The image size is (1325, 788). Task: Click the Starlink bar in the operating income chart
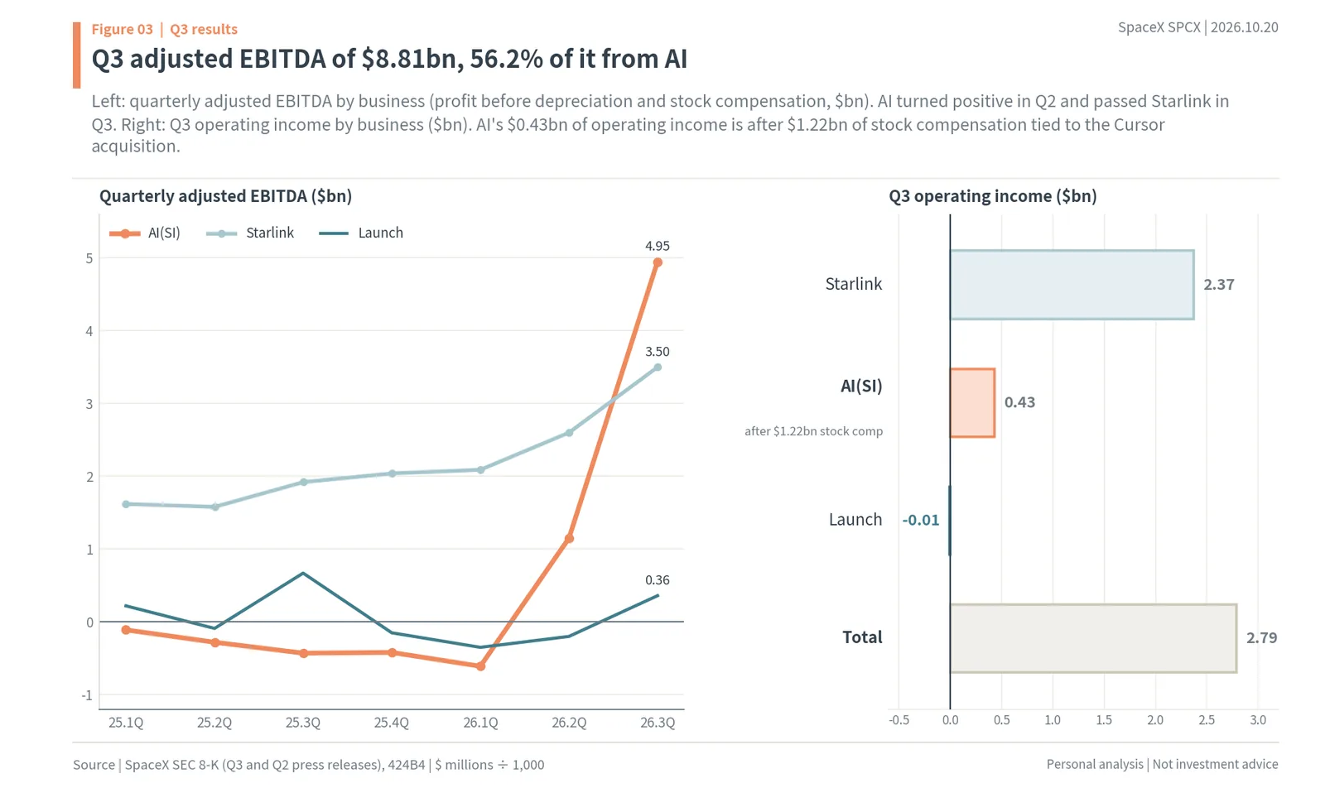1072,285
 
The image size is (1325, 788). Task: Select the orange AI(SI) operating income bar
972,402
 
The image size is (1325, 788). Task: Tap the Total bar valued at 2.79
1093,638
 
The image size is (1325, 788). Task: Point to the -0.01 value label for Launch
920,520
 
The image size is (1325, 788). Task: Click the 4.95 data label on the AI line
658,246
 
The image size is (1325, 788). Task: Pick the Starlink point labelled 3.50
658,368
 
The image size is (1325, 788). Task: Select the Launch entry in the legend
361,233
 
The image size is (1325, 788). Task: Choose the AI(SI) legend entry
145,233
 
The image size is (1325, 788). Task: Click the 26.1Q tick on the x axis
480,723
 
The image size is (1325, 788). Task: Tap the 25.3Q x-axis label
303,723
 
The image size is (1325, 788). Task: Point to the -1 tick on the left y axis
87,695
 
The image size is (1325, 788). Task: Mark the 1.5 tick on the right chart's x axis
1104,720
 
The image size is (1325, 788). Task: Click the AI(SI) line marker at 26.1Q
481,666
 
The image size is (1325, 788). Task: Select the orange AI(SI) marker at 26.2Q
569,539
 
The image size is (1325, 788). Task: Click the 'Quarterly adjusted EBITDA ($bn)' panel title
225,196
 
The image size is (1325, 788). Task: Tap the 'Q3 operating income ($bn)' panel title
993,196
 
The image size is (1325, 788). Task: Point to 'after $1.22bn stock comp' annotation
813,431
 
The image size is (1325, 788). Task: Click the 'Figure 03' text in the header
122,29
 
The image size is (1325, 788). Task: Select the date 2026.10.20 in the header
1245,27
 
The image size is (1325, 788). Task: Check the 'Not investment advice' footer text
1215,764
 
